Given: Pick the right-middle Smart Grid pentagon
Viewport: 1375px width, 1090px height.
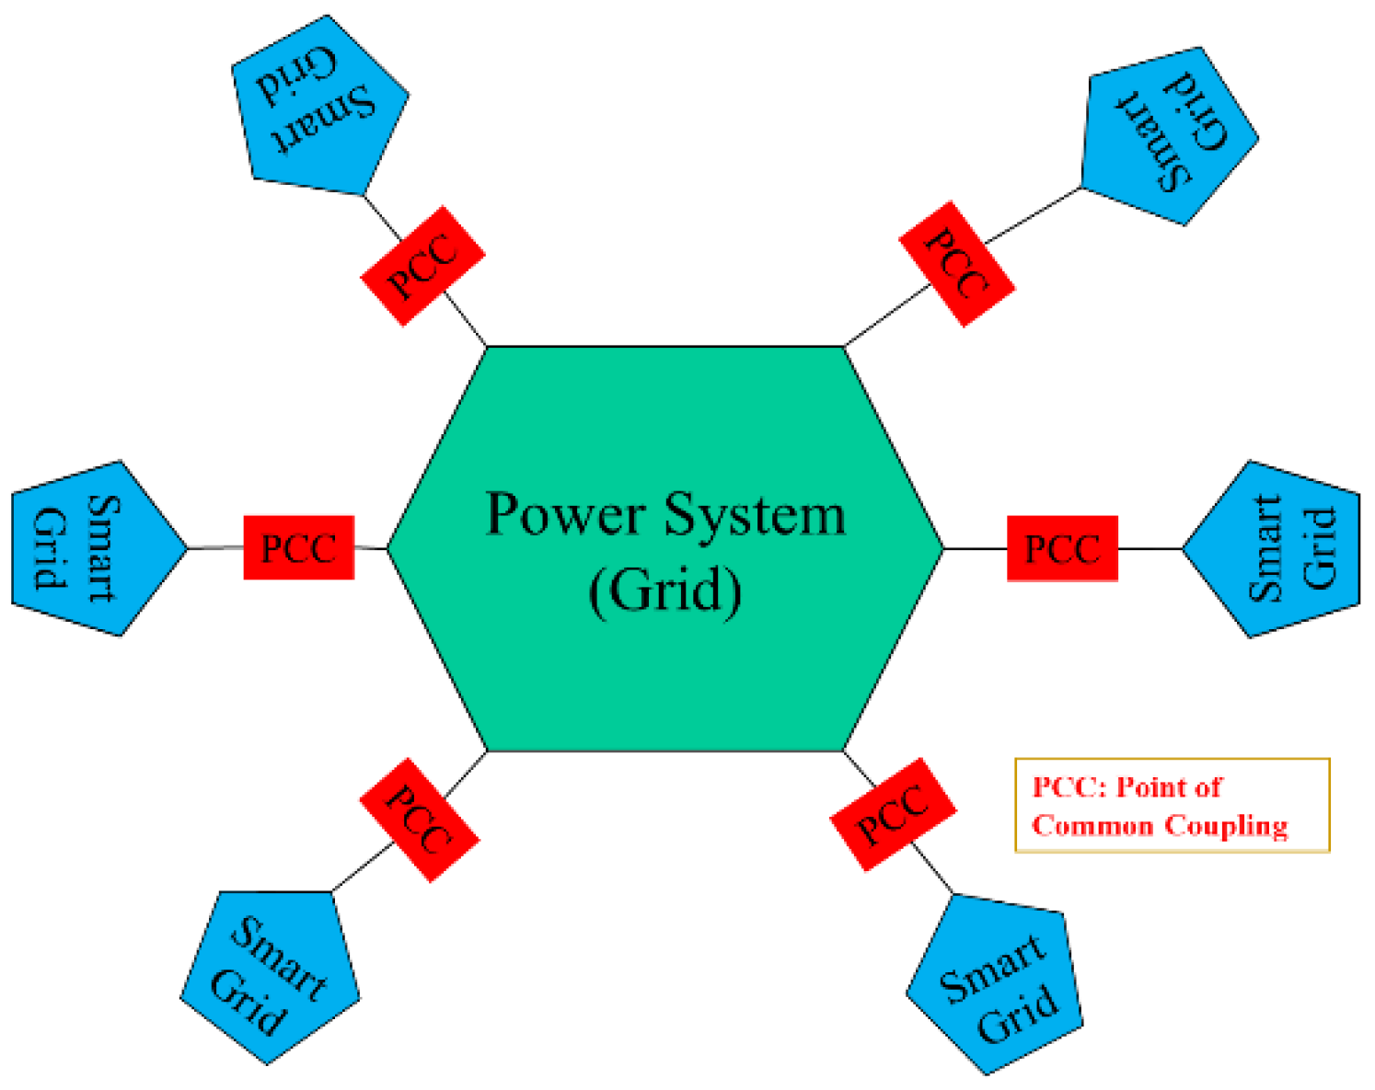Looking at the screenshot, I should point(1279,549).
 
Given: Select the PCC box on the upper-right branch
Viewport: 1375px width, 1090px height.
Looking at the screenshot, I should point(956,264).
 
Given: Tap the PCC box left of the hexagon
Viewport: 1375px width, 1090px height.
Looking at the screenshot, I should point(298,548).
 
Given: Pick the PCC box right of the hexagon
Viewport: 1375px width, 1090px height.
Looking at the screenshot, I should point(1062,549).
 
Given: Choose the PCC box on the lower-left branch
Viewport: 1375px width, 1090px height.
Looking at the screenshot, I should point(419,820).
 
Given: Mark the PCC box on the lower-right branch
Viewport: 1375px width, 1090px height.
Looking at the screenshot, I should point(893,814).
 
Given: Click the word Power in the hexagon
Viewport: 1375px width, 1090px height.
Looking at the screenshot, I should point(564,514).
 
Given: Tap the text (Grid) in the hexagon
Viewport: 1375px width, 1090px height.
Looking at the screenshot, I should point(664,590).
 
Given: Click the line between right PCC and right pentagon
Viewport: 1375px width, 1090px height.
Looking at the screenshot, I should point(1150,549).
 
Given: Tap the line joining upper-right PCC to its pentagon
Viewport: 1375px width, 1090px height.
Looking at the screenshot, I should point(1034,215).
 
